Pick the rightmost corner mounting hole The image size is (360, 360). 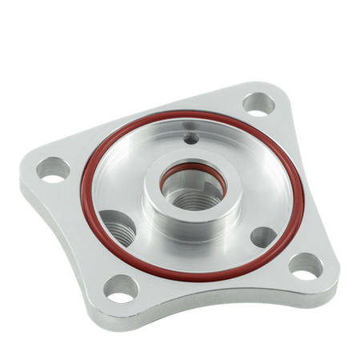click(x=305, y=266)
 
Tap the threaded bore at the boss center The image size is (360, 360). click(x=192, y=192)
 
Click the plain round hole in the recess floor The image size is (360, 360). click(x=262, y=237)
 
